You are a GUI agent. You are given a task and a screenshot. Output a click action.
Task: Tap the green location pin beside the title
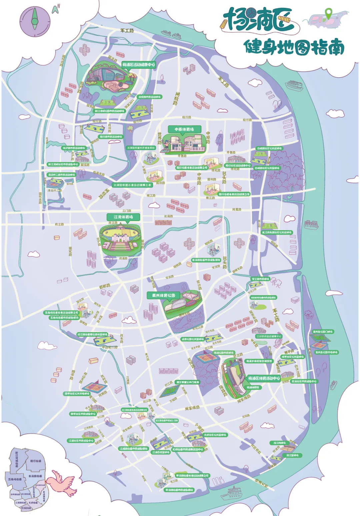(x=328, y=14)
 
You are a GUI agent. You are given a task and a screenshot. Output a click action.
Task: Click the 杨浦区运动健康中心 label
(x=138, y=65)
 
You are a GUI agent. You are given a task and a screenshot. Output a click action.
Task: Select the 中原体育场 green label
(x=184, y=129)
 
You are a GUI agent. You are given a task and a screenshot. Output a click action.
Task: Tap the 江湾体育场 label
(x=123, y=217)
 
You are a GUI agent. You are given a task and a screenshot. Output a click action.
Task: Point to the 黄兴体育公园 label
(x=163, y=295)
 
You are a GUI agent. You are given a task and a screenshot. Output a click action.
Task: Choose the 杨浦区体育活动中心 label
(x=264, y=378)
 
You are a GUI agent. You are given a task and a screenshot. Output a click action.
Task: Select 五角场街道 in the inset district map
(x=15, y=479)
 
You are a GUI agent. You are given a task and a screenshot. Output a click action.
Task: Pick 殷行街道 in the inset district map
(x=36, y=461)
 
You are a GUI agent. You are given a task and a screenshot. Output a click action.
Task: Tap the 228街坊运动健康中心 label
(x=269, y=336)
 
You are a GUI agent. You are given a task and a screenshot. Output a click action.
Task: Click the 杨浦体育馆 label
(x=253, y=387)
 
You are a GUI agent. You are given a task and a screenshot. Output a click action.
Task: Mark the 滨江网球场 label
(x=279, y=443)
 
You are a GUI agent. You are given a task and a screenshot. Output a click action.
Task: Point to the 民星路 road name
(x=237, y=209)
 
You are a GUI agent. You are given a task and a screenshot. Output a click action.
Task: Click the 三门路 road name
(x=127, y=211)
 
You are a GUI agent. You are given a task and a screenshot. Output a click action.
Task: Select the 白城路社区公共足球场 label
(x=269, y=148)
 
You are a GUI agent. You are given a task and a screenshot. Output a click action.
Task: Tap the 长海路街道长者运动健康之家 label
(x=132, y=185)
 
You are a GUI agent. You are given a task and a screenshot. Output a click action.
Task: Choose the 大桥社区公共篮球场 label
(x=215, y=435)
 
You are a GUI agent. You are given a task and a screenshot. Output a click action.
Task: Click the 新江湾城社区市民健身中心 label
(x=63, y=164)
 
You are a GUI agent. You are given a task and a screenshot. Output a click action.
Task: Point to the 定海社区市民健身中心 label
(x=304, y=381)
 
